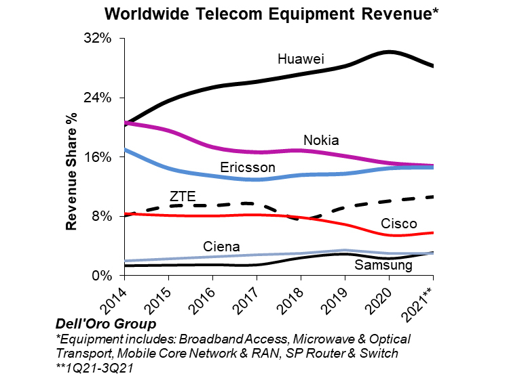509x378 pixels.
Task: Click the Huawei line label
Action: (301, 60)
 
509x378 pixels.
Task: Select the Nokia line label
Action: (321, 140)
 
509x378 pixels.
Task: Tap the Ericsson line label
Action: (248, 167)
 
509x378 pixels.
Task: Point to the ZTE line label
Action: (183, 196)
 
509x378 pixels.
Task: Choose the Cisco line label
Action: (399, 224)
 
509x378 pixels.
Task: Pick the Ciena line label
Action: (221, 246)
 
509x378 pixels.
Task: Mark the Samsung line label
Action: (383, 265)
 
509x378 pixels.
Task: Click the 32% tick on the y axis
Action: (98, 39)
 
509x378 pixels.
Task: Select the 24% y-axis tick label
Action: (98, 98)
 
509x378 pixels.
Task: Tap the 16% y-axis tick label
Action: (98, 156)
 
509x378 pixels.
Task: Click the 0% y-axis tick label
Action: (102, 275)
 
